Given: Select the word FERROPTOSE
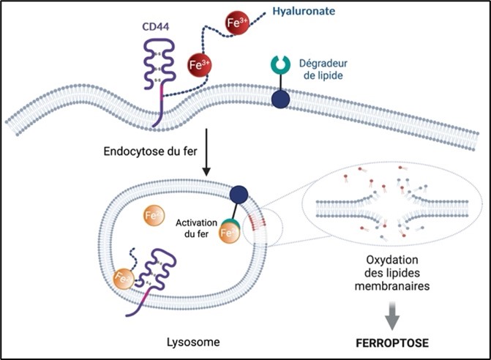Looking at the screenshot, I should (391, 341).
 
